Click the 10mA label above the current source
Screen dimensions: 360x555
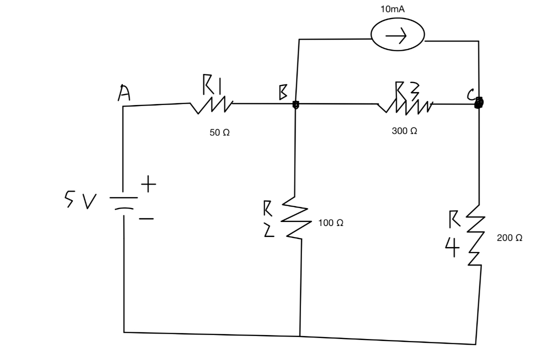(x=396, y=9)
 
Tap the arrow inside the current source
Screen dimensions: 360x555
(x=396, y=36)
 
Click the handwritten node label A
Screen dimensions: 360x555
(x=122, y=93)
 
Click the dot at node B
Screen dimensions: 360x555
(x=295, y=104)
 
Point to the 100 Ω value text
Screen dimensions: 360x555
(x=330, y=222)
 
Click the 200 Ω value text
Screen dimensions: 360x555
(x=510, y=239)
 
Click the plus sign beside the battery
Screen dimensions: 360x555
(x=148, y=186)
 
